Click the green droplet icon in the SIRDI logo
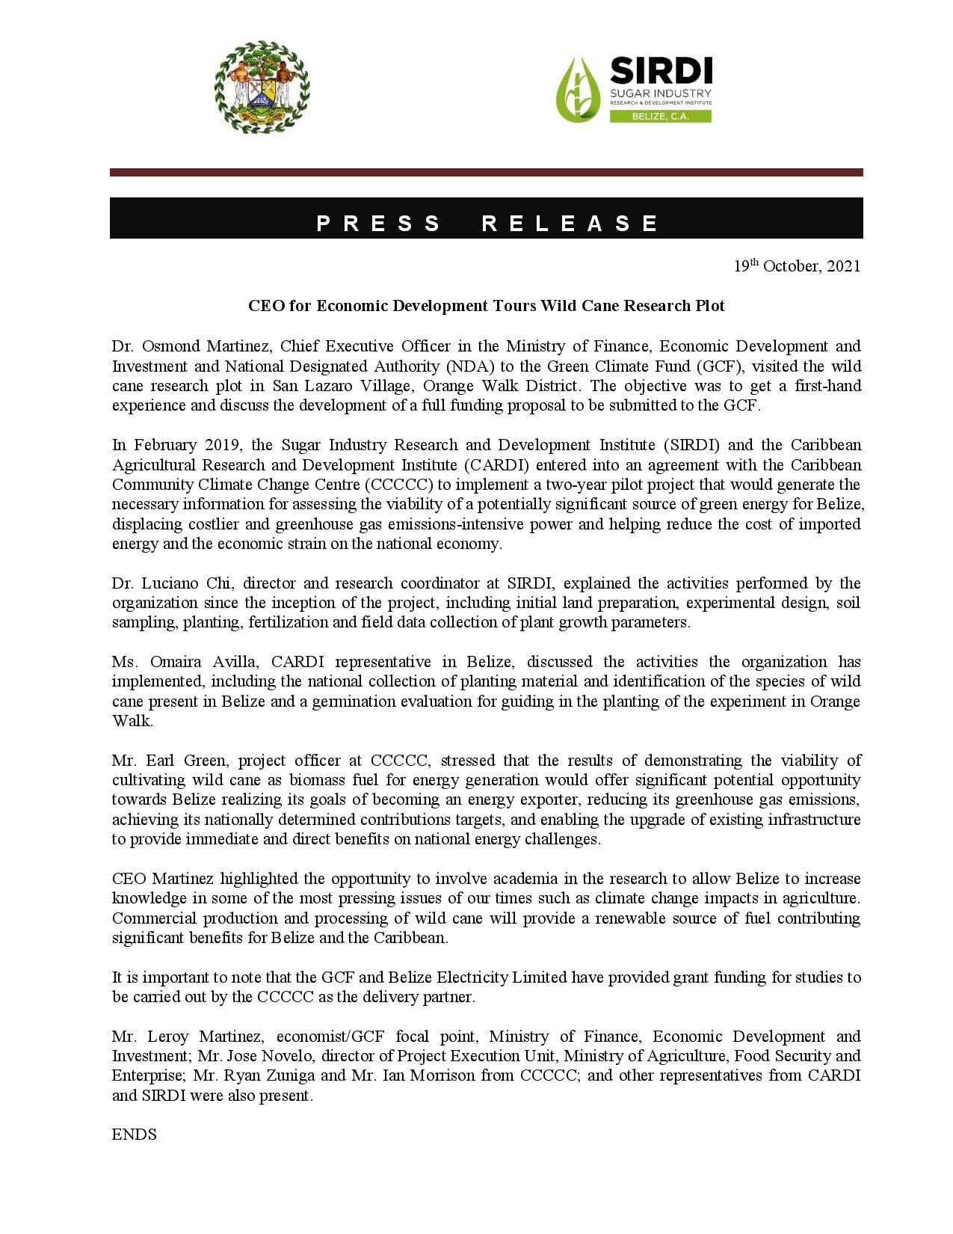tap(579, 90)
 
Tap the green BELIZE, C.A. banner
tap(660, 117)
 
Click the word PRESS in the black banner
tap(379, 223)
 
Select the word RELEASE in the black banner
tap(570, 223)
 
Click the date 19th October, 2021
tap(796, 266)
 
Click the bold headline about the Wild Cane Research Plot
tap(486, 306)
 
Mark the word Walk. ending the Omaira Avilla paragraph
tap(132, 721)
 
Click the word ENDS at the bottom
tap(135, 1135)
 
